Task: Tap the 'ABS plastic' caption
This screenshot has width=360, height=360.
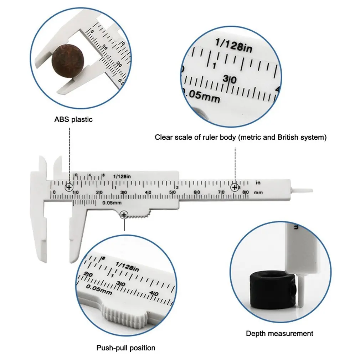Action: point(73,119)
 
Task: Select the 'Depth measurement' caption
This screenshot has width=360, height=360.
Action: point(279,334)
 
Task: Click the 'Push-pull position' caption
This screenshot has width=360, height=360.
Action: point(126,348)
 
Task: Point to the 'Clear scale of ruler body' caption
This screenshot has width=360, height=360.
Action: point(241,137)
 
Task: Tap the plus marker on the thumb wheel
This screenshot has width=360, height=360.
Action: point(124,215)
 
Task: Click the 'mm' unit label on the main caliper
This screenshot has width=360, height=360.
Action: point(259,192)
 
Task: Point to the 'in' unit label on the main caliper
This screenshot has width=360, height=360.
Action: point(258,183)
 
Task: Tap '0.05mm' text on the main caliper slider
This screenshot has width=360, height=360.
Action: point(112,203)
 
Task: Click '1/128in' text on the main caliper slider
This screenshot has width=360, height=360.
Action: point(122,176)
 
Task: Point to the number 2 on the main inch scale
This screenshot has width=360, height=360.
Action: point(177,187)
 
